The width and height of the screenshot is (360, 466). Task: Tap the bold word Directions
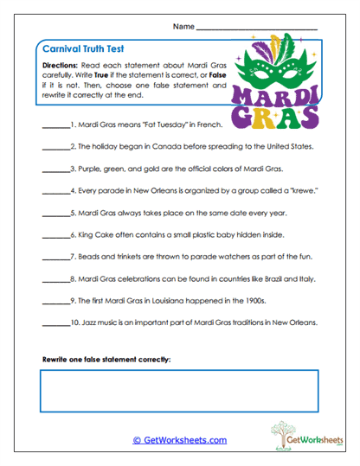(x=64, y=66)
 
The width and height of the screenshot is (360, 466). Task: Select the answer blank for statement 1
(x=55, y=126)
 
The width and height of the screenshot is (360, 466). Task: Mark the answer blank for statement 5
(x=55, y=214)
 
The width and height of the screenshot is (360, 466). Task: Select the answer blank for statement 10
(x=54, y=323)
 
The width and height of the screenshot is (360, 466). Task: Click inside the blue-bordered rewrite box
(x=179, y=390)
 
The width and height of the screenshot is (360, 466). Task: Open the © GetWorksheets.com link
(x=179, y=439)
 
